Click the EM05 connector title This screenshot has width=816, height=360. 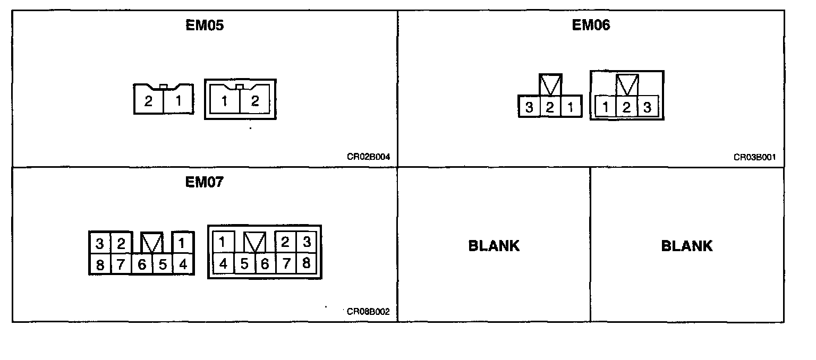click(x=205, y=26)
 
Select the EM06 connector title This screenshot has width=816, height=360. click(x=591, y=25)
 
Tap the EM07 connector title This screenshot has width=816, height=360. click(x=205, y=182)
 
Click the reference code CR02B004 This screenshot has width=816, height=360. click(x=368, y=157)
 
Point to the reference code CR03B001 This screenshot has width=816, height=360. click(x=755, y=157)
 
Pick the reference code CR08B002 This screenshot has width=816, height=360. click(x=368, y=312)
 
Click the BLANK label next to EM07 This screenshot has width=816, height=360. click(x=494, y=246)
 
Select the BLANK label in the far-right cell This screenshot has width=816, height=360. click(x=686, y=246)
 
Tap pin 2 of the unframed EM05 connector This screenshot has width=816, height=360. click(x=148, y=101)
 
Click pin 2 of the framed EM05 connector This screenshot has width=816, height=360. click(x=255, y=101)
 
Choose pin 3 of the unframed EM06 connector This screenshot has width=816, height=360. click(x=529, y=108)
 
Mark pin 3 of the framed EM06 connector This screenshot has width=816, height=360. click(x=647, y=108)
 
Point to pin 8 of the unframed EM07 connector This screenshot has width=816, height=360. click(x=100, y=264)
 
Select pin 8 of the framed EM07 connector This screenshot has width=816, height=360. click(x=306, y=263)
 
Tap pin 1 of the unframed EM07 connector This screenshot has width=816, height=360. click(x=182, y=244)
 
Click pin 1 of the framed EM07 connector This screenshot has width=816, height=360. click(x=223, y=243)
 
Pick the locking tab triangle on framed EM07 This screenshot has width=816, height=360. click(x=254, y=243)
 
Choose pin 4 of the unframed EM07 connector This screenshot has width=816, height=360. click(x=183, y=264)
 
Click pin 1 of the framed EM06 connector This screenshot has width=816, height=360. click(x=606, y=108)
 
